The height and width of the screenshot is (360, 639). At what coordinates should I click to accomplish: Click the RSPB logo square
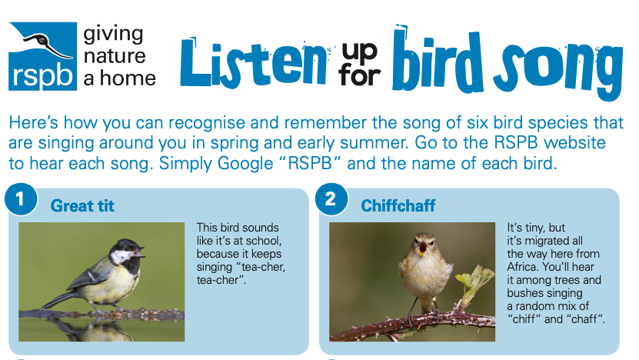tap(43, 56)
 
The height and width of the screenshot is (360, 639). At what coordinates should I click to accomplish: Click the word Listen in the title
tap(254, 62)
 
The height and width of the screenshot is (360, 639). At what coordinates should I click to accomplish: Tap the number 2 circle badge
tap(331, 199)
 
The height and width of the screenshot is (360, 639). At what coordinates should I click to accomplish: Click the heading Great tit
tap(82, 206)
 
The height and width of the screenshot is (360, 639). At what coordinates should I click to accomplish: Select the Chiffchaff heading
tap(398, 206)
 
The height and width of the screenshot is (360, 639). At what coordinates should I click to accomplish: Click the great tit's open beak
tap(138, 252)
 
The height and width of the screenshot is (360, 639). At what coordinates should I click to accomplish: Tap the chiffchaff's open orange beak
tap(423, 248)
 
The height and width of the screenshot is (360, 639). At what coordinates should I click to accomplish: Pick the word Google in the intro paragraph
tap(245, 164)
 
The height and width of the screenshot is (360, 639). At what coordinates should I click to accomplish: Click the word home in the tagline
tap(128, 78)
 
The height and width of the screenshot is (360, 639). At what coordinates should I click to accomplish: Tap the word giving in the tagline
tap(113, 36)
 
